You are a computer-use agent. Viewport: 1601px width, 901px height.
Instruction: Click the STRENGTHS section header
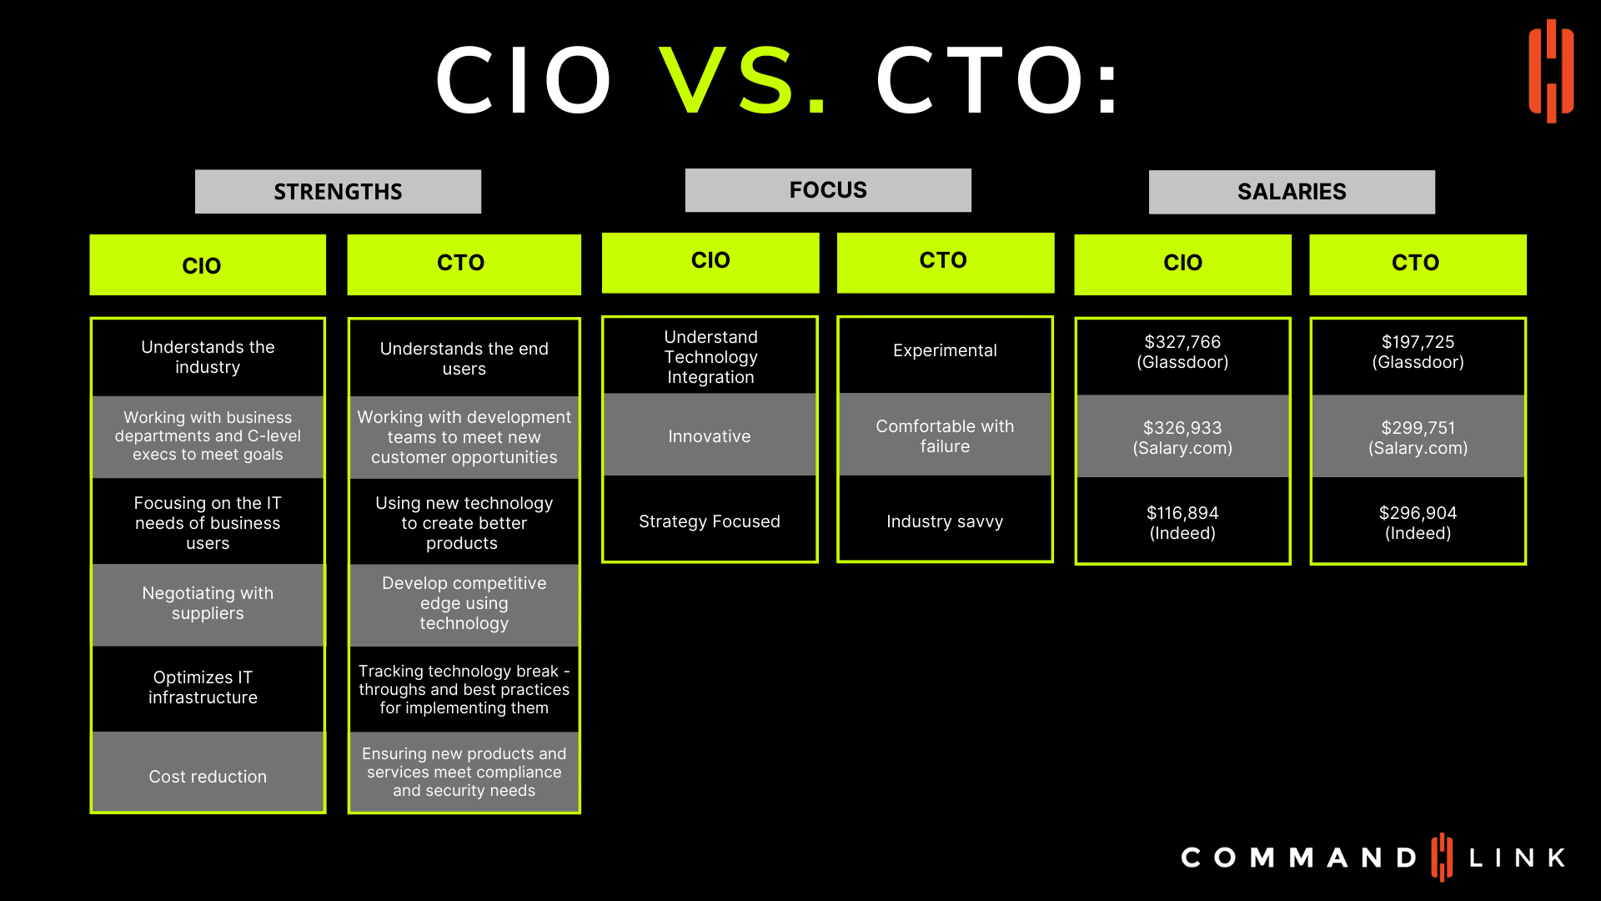(x=338, y=191)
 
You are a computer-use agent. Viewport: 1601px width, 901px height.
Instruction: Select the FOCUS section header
(x=828, y=190)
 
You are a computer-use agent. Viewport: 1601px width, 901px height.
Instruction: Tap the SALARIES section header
(x=1292, y=192)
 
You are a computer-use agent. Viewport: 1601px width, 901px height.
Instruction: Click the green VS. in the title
(x=743, y=80)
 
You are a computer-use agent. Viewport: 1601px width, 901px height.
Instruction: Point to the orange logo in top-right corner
(x=1551, y=71)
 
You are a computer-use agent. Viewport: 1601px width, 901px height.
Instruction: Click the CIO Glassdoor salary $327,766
(x=1182, y=352)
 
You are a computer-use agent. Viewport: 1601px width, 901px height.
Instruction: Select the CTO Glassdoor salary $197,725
(x=1418, y=352)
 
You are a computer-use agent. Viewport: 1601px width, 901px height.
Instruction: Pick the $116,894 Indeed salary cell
(x=1182, y=522)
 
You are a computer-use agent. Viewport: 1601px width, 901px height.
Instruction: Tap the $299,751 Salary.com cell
(x=1418, y=437)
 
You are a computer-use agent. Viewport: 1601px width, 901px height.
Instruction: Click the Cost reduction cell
(x=208, y=773)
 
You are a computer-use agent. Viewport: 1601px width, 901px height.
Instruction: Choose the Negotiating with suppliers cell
(x=208, y=604)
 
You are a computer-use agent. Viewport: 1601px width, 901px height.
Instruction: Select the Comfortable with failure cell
(x=945, y=435)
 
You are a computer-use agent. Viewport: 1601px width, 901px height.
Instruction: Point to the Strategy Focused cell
(x=710, y=521)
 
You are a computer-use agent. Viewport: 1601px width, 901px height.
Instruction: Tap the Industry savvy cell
(x=945, y=521)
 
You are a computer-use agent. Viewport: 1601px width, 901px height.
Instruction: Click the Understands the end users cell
(x=464, y=358)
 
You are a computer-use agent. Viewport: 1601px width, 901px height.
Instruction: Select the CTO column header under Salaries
(x=1418, y=264)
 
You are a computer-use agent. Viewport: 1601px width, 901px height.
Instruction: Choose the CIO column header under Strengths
(x=208, y=264)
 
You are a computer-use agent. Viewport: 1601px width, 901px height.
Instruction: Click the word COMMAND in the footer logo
(x=1298, y=858)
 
